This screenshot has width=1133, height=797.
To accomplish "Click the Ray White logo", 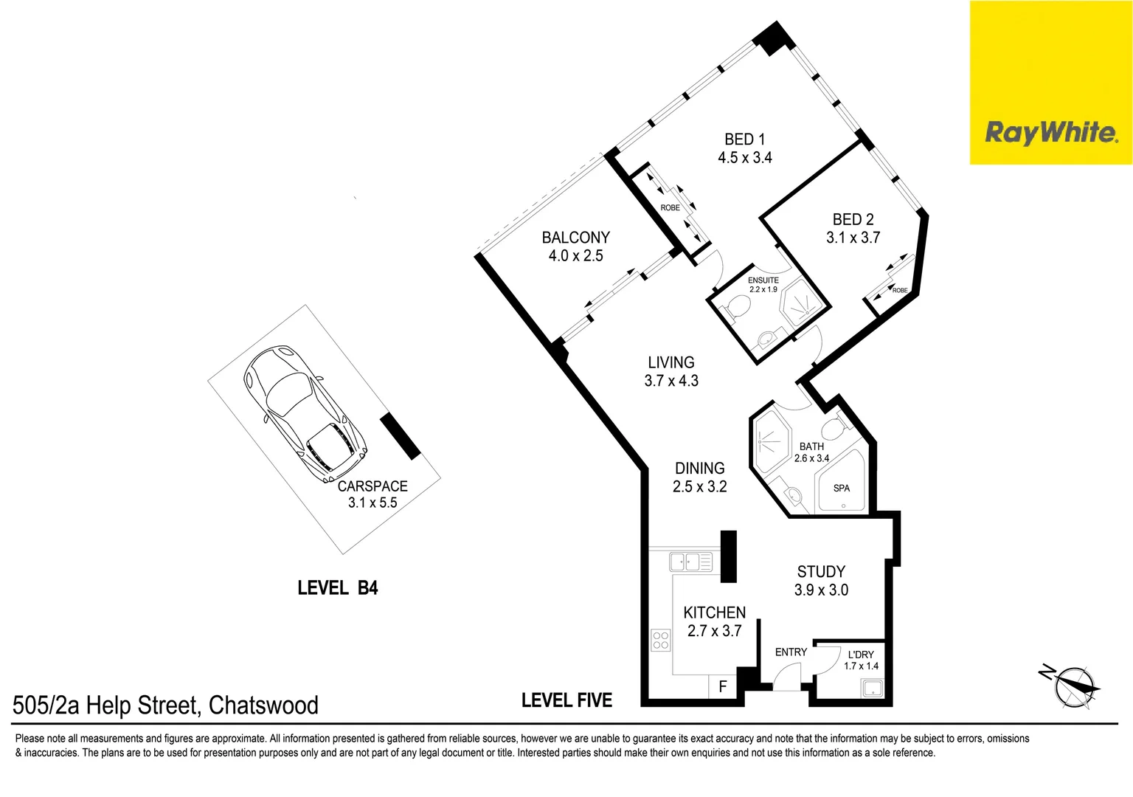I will (1050, 133).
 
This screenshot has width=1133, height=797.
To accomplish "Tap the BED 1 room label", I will (744, 139).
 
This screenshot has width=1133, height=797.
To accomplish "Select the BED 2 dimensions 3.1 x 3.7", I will (853, 238).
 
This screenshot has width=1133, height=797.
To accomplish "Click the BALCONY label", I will (575, 238).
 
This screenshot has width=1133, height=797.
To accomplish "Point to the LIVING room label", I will (671, 362).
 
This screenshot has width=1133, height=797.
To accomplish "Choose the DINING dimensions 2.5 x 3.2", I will (699, 487).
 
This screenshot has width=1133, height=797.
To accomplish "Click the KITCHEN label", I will (714, 613).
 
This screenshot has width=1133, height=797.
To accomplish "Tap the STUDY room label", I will (821, 572).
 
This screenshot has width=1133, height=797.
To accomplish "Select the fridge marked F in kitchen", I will (722, 686).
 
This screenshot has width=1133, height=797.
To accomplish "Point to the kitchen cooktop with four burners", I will (661, 640).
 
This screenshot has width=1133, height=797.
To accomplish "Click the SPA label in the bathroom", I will (841, 489).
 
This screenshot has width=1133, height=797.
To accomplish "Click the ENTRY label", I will (791, 652).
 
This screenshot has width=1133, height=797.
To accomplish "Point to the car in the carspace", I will (305, 413).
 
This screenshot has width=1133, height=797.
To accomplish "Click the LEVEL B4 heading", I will (338, 588).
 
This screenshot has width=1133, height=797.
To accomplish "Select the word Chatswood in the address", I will (263, 705).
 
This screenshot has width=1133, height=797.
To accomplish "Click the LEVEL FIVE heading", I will (566, 700).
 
